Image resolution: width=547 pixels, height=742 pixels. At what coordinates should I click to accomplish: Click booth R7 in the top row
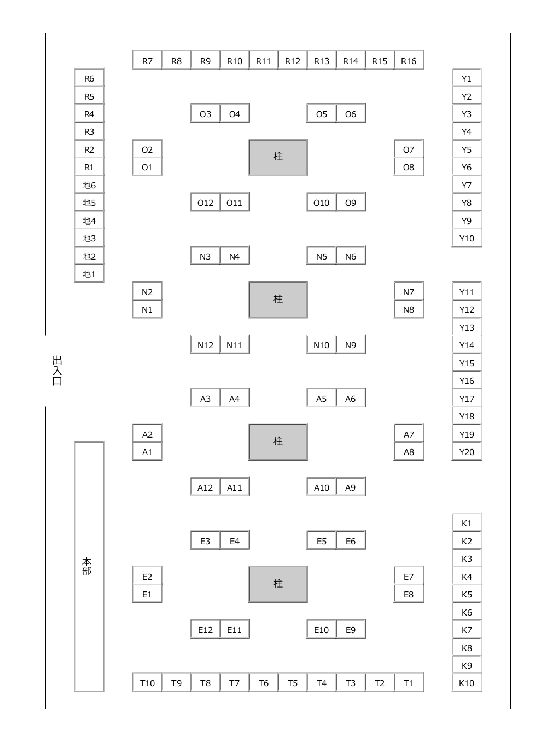(x=147, y=61)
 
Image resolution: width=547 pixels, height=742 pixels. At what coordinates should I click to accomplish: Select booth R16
(x=409, y=61)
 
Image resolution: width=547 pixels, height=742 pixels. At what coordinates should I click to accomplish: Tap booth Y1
(x=467, y=78)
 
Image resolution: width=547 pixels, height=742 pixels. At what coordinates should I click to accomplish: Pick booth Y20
(x=467, y=452)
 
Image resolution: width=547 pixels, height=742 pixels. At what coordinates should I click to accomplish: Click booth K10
(x=467, y=683)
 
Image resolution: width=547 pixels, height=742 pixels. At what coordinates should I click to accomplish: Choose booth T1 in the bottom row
(x=409, y=683)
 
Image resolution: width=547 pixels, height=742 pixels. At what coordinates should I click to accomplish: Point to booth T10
(x=147, y=683)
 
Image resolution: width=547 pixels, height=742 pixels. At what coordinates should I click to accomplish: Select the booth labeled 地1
(x=89, y=274)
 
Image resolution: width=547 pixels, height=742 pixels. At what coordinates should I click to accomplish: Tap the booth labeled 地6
(x=89, y=185)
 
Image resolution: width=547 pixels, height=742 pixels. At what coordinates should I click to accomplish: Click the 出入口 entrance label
(x=57, y=371)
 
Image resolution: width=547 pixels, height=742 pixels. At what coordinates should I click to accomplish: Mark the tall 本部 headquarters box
(x=89, y=566)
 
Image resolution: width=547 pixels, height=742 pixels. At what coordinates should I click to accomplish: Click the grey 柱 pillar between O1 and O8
(x=278, y=157)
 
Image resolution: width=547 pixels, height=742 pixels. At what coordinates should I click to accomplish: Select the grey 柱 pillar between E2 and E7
(x=278, y=584)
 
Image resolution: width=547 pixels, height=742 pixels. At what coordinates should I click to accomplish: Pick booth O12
(x=205, y=203)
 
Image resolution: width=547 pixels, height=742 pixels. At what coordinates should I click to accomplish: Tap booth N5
(x=322, y=256)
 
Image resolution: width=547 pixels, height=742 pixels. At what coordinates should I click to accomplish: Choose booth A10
(x=322, y=487)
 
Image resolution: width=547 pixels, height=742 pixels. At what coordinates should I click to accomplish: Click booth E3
(x=205, y=541)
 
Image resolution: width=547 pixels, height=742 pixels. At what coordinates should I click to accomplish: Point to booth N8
(x=409, y=309)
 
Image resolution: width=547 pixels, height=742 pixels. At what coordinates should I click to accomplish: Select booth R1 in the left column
(x=89, y=167)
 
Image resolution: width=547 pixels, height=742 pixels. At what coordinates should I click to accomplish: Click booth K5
(x=467, y=594)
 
